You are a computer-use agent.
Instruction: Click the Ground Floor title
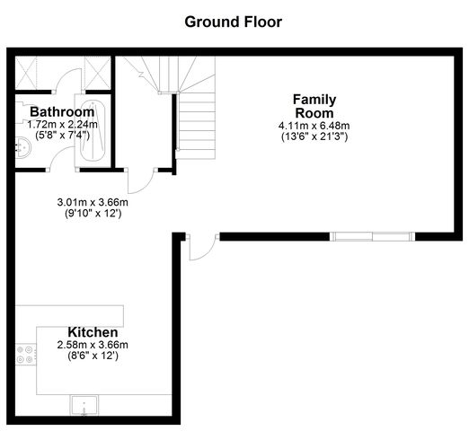234,22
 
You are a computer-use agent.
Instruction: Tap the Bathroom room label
62,112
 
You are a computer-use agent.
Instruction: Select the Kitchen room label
93,332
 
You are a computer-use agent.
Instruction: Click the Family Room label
314,106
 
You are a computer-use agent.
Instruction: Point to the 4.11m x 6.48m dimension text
314,126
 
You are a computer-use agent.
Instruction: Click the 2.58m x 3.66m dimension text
93,345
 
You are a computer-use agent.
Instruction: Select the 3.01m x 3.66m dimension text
93,202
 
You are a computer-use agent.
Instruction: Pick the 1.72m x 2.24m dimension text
62,124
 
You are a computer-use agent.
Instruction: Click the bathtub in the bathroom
93,131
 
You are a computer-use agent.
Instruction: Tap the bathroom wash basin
23,147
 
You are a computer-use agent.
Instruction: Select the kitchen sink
84,405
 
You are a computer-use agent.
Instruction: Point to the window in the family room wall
373,236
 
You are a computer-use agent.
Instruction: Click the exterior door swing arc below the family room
207,251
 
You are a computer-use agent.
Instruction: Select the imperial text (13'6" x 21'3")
314,136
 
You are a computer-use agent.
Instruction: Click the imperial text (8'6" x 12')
93,356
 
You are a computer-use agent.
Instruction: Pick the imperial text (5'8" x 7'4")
62,136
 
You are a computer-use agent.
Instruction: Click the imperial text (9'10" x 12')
93,214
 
